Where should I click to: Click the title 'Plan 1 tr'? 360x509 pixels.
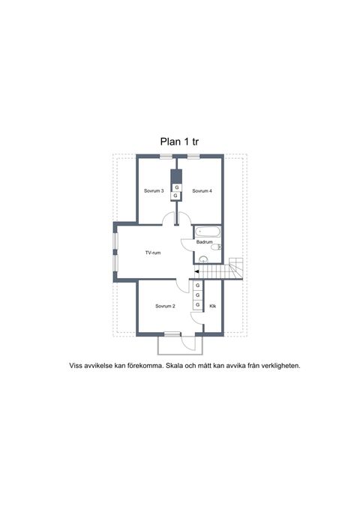179,142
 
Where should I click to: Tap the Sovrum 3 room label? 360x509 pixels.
154,191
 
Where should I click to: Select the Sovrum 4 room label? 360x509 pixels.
202,191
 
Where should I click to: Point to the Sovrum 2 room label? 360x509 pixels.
165,306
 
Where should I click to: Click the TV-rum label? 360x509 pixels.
153,253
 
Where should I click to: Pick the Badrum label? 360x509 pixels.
204,242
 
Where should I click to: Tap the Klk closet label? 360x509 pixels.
213,306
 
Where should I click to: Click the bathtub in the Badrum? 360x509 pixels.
208,232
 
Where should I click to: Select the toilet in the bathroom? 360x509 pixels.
216,247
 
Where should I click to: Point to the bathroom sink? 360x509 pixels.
203,259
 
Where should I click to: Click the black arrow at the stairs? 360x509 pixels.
196,271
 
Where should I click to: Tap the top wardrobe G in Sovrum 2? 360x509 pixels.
197,286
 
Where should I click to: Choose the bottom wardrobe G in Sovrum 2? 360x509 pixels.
197,305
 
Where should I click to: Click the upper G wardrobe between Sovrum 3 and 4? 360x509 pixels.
177,187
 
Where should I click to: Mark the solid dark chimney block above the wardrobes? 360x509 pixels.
176,176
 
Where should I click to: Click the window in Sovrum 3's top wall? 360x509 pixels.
166,157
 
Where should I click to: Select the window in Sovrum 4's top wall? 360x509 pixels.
193,157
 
